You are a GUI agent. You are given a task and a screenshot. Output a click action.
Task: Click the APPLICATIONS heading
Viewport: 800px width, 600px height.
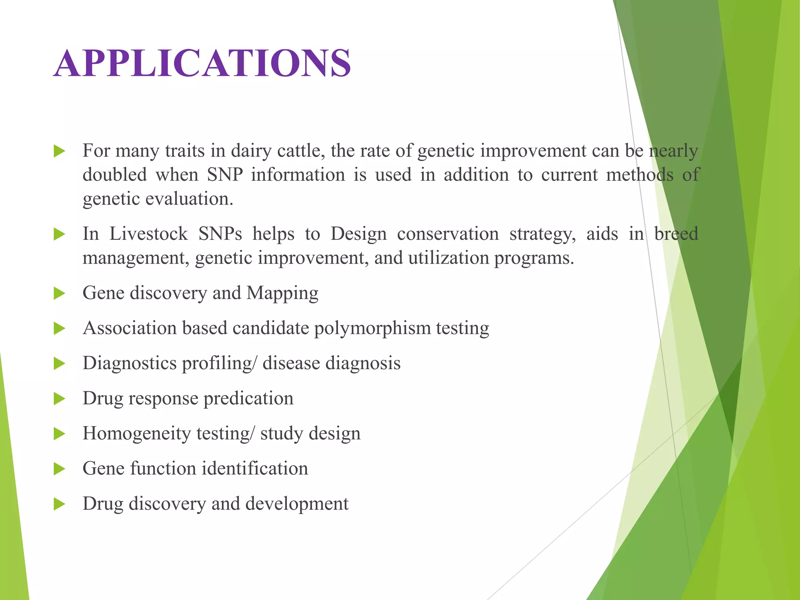click(x=202, y=63)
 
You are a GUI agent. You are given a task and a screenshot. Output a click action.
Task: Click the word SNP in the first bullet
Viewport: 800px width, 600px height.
click(x=225, y=175)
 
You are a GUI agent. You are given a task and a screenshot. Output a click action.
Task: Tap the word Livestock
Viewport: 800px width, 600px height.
click(x=148, y=234)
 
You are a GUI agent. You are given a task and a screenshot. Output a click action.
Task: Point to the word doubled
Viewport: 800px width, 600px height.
click(x=115, y=175)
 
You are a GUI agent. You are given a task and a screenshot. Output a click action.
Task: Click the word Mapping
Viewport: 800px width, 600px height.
click(x=282, y=293)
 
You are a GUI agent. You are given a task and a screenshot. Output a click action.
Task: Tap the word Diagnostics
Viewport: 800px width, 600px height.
click(x=130, y=363)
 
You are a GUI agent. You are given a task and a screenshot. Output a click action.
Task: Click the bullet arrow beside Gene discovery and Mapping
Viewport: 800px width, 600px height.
click(x=59, y=293)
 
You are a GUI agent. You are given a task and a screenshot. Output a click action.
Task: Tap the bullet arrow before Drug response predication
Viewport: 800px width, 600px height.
click(x=59, y=399)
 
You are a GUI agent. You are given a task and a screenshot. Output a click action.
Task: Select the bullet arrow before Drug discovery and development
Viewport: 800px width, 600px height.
click(x=59, y=504)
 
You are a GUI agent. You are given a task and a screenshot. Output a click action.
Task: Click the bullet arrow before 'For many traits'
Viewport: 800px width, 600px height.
click(x=59, y=151)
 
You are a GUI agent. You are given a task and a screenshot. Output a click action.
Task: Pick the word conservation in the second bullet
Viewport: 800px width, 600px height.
click(x=448, y=234)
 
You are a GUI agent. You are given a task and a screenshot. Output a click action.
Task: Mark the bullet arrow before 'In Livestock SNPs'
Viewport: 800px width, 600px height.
click(x=59, y=234)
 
